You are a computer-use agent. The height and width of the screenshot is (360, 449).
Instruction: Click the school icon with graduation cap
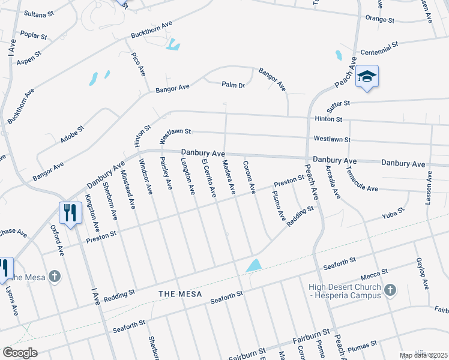pos(367,77)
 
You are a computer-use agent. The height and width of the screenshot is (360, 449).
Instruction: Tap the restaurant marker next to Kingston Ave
pos(70,213)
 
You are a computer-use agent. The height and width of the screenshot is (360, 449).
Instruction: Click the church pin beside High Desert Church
pos(390,290)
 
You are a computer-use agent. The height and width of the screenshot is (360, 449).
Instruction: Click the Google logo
pos(20,353)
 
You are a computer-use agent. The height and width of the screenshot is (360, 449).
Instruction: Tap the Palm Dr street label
pos(234,85)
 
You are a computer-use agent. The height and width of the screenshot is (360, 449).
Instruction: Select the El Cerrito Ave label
pos(208,179)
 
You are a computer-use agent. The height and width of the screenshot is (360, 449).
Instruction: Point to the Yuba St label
pos(394,214)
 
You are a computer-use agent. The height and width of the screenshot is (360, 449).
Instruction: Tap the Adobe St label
pos(73,134)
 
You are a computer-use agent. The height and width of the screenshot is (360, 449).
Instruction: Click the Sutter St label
pos(338,107)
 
